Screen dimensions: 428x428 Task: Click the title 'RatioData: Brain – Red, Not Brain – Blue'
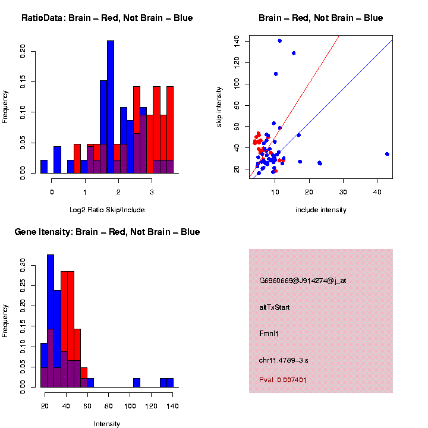pyautogui.click(x=107, y=18)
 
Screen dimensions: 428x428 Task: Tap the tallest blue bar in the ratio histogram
pyautogui.click(x=111, y=107)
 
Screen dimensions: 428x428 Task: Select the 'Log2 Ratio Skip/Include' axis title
pyautogui.click(x=107, y=210)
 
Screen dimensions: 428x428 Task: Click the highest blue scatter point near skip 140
pyautogui.click(x=279, y=41)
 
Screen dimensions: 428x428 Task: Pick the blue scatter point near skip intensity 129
pyautogui.click(x=294, y=53)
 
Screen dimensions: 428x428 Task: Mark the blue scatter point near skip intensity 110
pyautogui.click(x=276, y=74)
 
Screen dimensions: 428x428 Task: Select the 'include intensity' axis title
pyautogui.click(x=321, y=210)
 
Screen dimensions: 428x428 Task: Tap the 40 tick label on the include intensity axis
pyautogui.click(x=377, y=193)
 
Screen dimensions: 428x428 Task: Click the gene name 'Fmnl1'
pyautogui.click(x=269, y=333)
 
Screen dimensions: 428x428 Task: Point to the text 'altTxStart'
pyautogui.click(x=275, y=307)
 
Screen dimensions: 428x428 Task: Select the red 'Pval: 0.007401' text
pyautogui.click(x=283, y=379)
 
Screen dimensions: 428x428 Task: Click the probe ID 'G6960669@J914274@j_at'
pyautogui.click(x=303, y=281)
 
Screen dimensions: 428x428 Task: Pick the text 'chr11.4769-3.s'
pyautogui.click(x=284, y=360)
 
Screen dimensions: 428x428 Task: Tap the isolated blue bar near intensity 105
pyautogui.click(x=137, y=383)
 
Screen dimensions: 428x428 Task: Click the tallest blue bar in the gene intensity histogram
pyautogui.click(x=51, y=321)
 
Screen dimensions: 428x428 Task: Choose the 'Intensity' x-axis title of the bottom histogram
pyautogui.click(x=107, y=424)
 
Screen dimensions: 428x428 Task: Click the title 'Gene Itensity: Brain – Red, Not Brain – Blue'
pyautogui.click(x=107, y=232)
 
